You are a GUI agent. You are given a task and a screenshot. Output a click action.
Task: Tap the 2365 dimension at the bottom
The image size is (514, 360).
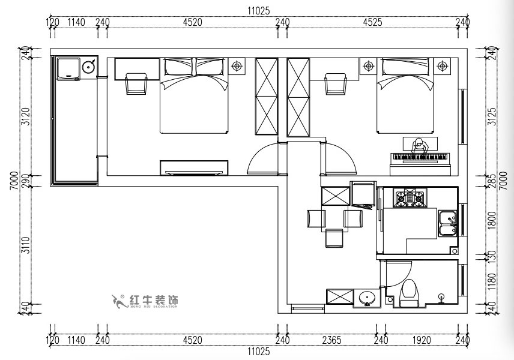[331, 340]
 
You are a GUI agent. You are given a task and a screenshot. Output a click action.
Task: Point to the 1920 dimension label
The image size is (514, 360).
[422, 340]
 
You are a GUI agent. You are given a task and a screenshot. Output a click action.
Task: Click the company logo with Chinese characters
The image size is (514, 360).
[146, 301]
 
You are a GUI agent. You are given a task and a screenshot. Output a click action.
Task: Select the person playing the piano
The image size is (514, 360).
[419, 146]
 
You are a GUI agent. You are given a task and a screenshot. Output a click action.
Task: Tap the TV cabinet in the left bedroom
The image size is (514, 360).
[193, 167]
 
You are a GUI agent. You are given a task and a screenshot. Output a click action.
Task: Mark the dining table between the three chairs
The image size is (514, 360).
[334, 217]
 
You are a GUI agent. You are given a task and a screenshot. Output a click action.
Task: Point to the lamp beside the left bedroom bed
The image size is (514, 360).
[237, 65]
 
